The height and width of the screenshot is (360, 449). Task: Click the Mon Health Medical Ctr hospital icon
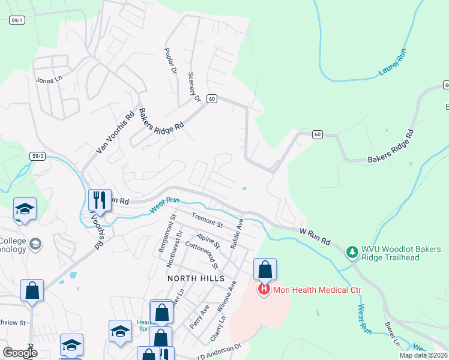click(264, 290)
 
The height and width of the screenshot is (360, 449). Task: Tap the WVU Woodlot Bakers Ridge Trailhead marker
click(352, 250)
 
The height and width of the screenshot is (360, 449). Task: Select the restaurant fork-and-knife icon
click(99, 200)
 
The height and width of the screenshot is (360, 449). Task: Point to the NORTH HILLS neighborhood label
click(196, 278)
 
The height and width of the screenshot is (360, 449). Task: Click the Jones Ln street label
click(49, 79)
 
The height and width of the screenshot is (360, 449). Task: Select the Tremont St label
click(207, 220)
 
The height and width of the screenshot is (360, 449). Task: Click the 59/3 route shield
click(38, 156)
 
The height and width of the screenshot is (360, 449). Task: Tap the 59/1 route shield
click(17, 20)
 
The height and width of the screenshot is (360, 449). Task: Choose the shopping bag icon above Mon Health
click(265, 269)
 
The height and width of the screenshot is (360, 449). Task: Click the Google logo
click(20, 353)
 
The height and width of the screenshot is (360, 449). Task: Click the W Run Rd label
click(315, 235)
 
